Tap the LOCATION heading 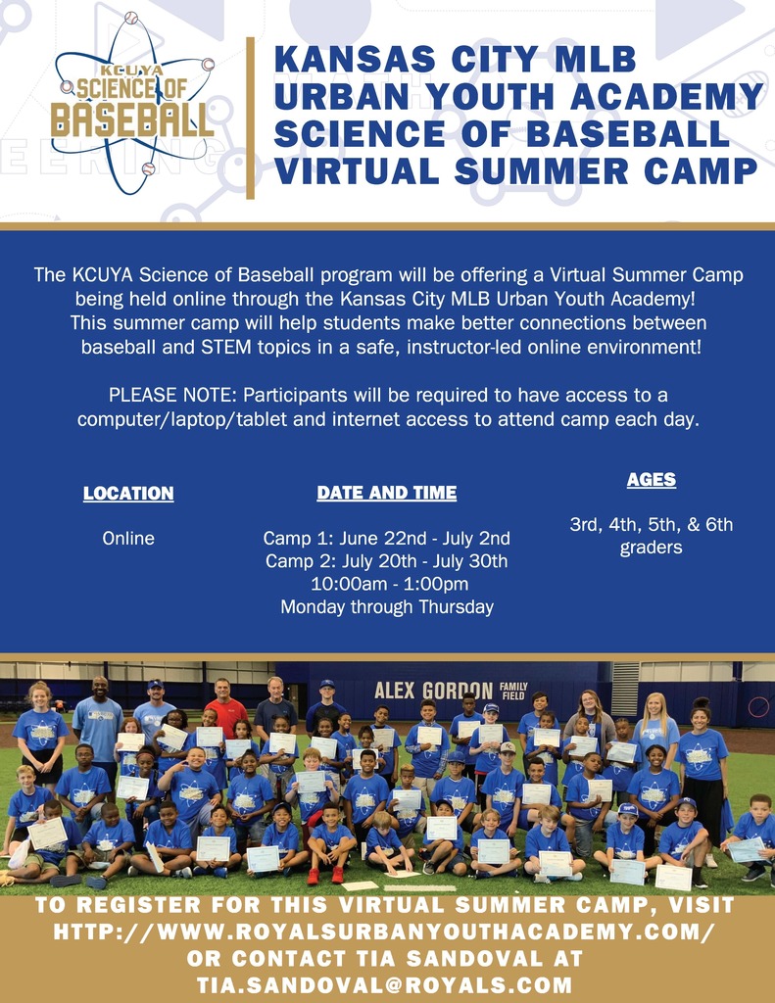point(128,494)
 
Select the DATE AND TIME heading point(387,493)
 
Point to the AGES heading point(652,480)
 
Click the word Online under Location point(128,538)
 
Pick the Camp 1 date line point(387,538)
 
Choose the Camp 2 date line point(387,561)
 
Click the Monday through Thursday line point(387,607)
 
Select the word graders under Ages point(651,548)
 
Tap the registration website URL point(384,931)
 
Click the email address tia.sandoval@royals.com point(385,985)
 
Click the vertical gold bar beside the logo point(250,119)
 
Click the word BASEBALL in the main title point(628,133)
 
